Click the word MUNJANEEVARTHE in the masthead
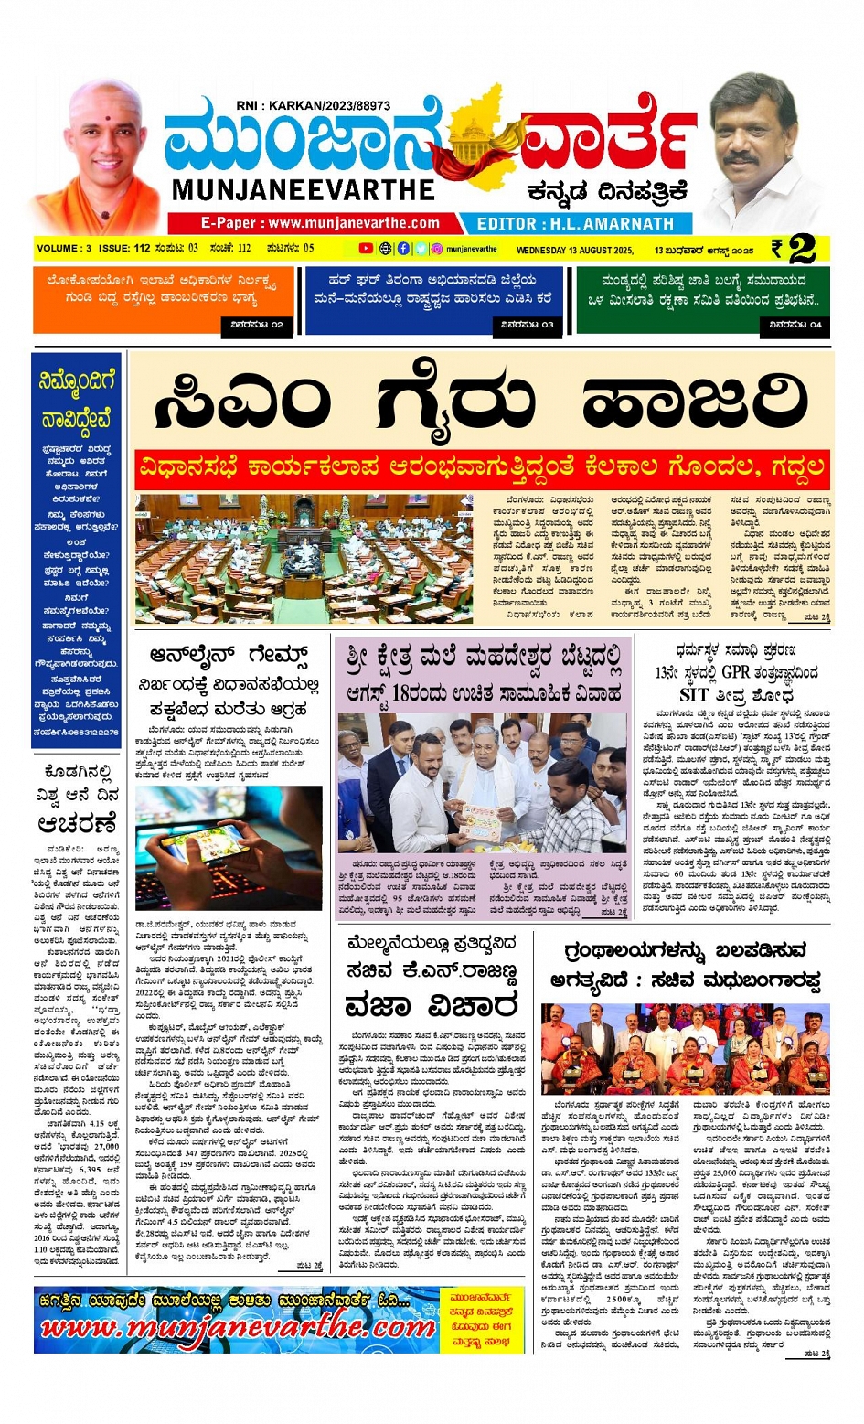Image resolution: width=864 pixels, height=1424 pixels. [303, 190]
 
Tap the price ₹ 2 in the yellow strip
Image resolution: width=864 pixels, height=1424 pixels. [794, 249]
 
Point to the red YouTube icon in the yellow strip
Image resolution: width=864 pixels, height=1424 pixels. [366, 249]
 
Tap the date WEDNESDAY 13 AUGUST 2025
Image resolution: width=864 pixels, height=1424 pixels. [574, 250]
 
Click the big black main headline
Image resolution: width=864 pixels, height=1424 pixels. [481, 402]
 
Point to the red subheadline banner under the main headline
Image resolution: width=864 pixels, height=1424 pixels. [482, 467]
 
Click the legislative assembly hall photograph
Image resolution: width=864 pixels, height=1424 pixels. [304, 558]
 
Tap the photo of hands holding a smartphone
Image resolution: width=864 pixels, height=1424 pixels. [228, 848]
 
